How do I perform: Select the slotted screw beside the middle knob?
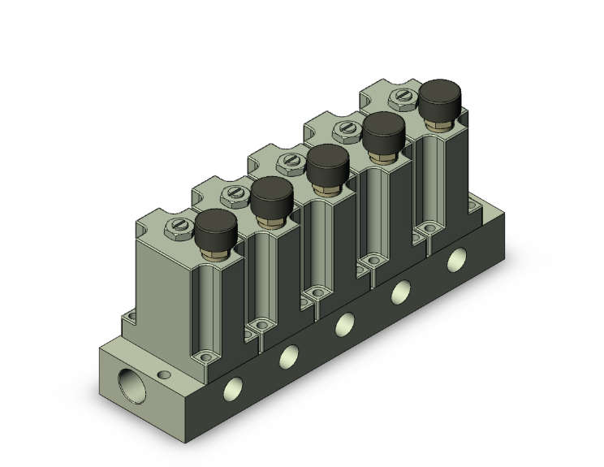(x=290, y=161)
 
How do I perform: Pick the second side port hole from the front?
(x=288, y=355)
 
